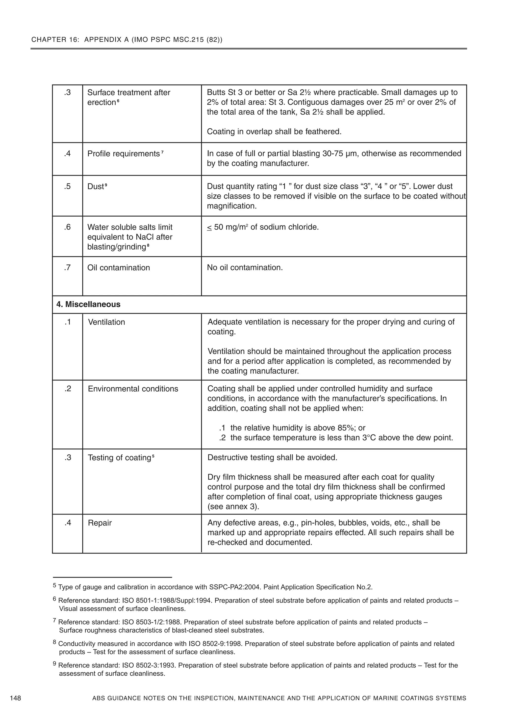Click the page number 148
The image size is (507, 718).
click(16, 698)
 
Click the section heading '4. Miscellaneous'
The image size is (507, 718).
click(88, 304)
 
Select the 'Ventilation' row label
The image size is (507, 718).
click(106, 322)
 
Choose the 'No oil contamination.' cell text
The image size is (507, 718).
click(245, 268)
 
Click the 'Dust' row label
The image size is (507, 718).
click(95, 186)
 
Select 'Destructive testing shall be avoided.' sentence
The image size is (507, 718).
click(272, 458)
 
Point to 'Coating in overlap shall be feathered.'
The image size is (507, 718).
click(274, 132)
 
